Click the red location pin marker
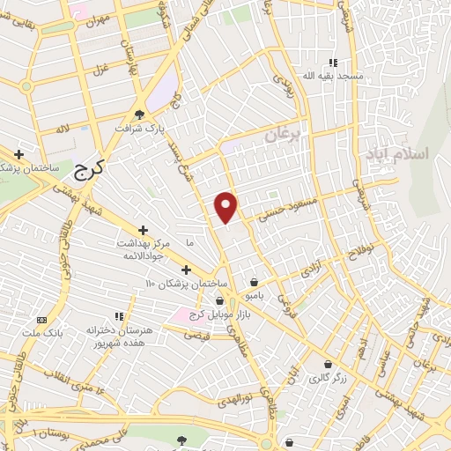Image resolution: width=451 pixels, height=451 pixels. (x=227, y=206)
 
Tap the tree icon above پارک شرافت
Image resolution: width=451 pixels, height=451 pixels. (x=139, y=114)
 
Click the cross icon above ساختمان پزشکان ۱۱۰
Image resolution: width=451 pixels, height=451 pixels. (x=185, y=270)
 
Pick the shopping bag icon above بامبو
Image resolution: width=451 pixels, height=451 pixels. (x=255, y=283)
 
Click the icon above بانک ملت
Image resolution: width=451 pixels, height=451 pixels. (x=41, y=319)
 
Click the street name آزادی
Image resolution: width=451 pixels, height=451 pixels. (x=314, y=269)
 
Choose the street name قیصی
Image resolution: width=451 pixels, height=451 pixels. (x=196, y=335)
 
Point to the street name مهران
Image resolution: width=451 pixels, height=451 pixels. (x=98, y=18)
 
